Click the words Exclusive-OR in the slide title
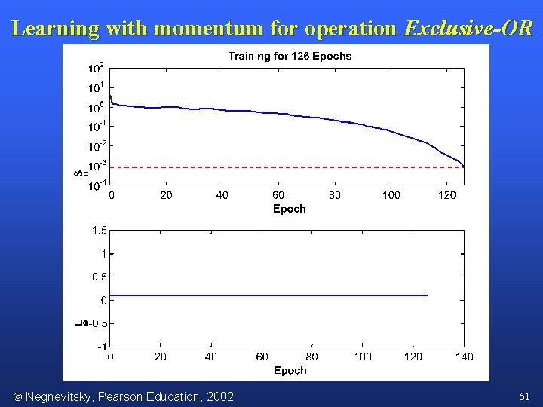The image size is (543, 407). [x=468, y=29]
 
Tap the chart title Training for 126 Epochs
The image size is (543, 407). [x=290, y=56]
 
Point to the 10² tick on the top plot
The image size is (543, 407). [x=97, y=68]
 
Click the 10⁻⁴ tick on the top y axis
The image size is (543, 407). [x=97, y=185]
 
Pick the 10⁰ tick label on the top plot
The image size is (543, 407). [x=97, y=107]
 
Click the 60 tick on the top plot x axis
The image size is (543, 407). [x=278, y=196]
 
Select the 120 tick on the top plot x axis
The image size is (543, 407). [x=446, y=196]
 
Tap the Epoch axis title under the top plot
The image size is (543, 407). [x=290, y=209]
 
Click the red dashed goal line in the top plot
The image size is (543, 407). [x=287, y=167]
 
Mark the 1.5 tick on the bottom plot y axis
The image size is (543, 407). [x=99, y=230]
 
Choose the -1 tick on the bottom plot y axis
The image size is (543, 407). [x=102, y=347]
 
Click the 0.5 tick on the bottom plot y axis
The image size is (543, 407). [x=99, y=277]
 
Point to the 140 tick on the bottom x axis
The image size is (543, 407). [x=464, y=357]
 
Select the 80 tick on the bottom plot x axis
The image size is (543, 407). [x=312, y=357]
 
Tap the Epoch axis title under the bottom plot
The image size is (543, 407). [x=290, y=370]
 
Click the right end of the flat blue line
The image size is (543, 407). [x=427, y=295]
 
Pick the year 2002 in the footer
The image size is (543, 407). [x=219, y=396]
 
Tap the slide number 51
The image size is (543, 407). [x=525, y=396]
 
